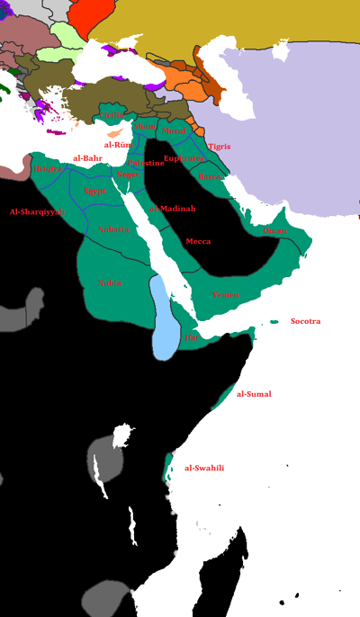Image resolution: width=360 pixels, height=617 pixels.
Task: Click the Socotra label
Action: click(305, 321)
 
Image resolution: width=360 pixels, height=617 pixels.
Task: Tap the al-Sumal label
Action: click(253, 394)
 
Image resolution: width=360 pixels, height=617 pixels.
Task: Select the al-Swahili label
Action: click(203, 468)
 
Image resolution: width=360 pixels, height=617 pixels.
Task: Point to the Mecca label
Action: click(198, 242)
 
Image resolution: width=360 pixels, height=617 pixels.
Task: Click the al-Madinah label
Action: click(173, 209)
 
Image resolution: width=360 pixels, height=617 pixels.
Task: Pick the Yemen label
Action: click(226, 295)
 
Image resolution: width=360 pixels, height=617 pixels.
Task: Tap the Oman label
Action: click(275, 231)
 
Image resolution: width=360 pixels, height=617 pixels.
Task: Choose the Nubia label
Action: click(110, 283)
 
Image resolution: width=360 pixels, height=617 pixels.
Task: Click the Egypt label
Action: click(94, 192)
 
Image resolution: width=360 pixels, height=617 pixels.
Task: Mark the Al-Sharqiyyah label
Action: click(37, 211)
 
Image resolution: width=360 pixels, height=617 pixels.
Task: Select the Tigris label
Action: click(219, 146)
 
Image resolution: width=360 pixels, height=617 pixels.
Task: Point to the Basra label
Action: click(211, 177)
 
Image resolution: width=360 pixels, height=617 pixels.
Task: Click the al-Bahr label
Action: click(87, 158)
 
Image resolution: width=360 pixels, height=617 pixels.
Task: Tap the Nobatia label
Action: click(113, 229)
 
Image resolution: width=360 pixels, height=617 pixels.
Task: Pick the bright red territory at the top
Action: click(89, 17)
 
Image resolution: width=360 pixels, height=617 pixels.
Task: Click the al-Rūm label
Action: click(118, 144)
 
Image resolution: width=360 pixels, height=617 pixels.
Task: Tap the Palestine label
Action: click(146, 163)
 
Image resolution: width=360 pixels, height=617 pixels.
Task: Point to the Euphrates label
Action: click(184, 158)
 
